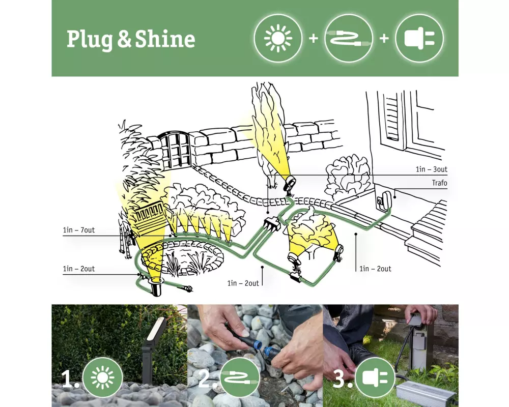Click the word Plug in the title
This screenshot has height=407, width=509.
pos(90,40)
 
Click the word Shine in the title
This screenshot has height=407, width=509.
pos(165,39)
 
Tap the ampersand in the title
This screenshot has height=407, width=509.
pos(124,40)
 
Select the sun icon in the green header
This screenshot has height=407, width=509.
pos(278,38)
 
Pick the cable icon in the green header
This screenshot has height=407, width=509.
pos(349,38)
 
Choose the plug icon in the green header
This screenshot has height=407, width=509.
pos(419,38)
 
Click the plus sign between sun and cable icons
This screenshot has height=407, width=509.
pos(313,38)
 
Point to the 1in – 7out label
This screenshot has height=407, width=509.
pos(79,230)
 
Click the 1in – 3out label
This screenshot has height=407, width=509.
pos(432,169)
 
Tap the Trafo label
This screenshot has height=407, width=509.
pos(439,183)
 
